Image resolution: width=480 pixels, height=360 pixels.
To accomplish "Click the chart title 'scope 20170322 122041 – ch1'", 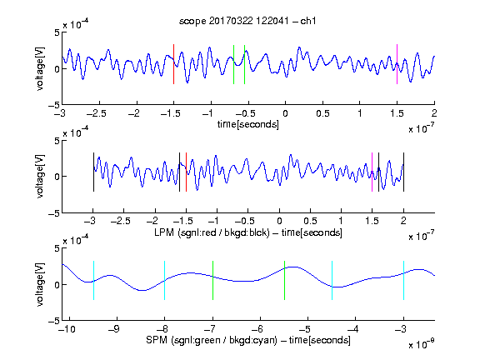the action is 247,21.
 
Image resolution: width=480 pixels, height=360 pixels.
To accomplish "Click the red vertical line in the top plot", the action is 174,64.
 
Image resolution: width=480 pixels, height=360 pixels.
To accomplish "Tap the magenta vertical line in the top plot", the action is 397,64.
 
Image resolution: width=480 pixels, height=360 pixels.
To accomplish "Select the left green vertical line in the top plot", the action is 233,64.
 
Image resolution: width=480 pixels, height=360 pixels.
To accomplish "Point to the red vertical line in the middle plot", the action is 186,172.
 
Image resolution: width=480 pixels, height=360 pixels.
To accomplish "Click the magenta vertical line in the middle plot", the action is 372,172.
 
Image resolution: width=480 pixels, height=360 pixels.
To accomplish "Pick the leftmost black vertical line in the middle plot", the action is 93,172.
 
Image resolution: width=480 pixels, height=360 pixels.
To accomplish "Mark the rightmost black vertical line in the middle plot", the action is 404,172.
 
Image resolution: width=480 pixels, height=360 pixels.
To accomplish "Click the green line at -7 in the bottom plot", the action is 212,280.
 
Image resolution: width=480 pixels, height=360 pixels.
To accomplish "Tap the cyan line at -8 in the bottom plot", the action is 165,280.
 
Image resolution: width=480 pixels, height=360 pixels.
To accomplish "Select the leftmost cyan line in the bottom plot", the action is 93,280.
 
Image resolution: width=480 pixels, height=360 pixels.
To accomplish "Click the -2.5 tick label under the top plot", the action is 96,113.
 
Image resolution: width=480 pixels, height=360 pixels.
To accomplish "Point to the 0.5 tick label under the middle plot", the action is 310,221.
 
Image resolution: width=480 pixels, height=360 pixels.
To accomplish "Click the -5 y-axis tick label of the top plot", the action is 54,105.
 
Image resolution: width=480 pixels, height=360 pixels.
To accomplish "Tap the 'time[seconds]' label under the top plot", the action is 248,124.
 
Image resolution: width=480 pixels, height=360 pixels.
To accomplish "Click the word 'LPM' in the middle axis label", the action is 164,232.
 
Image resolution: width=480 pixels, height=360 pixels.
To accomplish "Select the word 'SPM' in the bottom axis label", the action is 156,340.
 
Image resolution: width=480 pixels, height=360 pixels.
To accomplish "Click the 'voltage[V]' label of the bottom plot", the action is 40,284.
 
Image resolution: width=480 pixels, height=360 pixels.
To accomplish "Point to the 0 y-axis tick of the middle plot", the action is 57,177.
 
